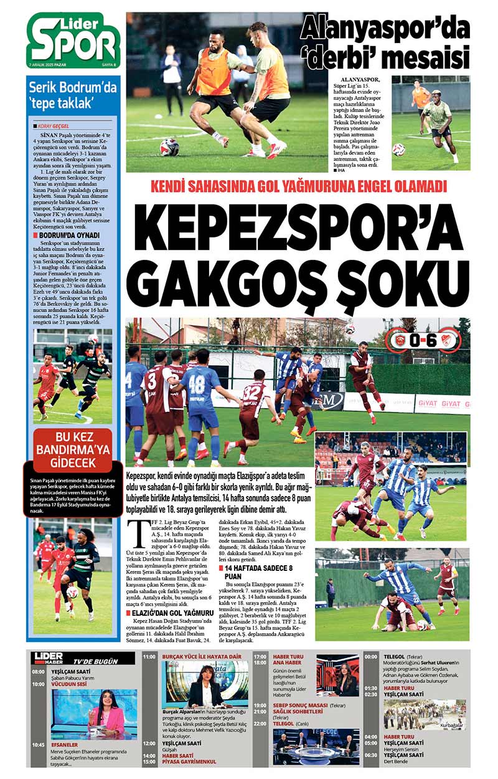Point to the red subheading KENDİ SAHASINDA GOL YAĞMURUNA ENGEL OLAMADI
298,186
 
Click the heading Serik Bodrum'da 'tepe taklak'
73,94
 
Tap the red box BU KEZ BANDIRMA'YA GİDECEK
73,449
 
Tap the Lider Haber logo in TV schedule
49,657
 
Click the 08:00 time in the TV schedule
39,671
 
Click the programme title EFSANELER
65,744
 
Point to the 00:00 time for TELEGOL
371,657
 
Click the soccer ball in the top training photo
169,147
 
